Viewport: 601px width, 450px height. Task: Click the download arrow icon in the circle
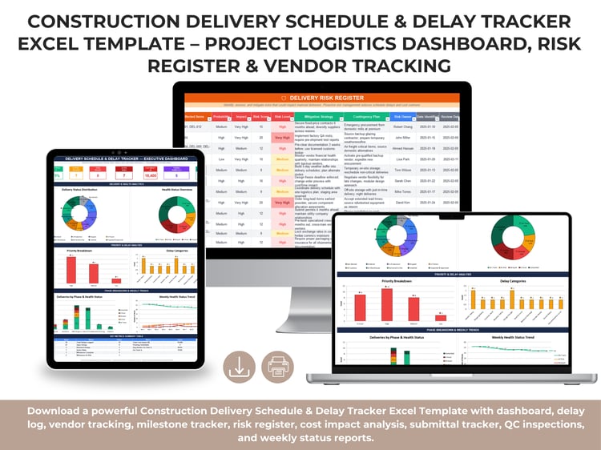click(x=240, y=367)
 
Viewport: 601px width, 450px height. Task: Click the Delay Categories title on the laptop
click(x=514, y=281)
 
